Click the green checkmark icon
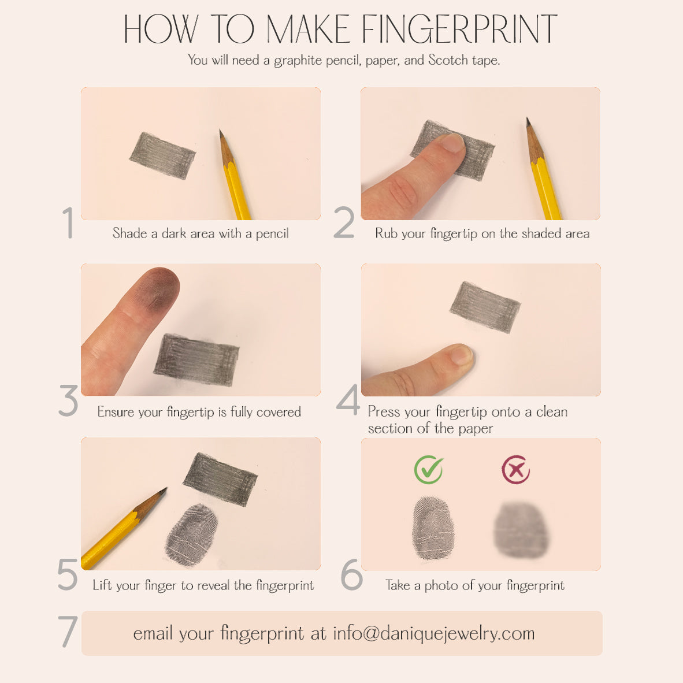click(429, 470)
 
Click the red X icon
click(515, 470)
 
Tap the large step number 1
click(68, 222)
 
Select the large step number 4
click(348, 400)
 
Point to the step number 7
click(68, 632)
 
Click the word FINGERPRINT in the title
click(459, 29)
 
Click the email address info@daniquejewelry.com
click(433, 633)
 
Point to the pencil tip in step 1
click(221, 134)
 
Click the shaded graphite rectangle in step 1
click(162, 155)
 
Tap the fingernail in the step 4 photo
click(461, 354)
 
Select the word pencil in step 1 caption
click(272, 233)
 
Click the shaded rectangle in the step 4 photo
click(485, 307)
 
